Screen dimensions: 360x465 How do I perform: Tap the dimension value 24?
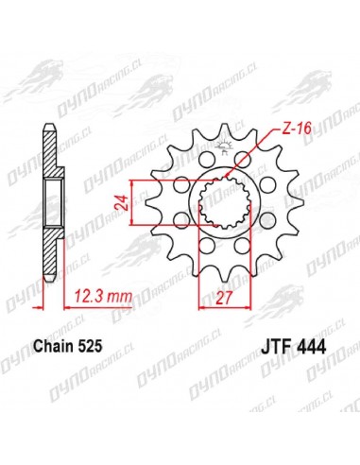[x=121, y=202]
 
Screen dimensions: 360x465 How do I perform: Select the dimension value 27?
[x=224, y=298]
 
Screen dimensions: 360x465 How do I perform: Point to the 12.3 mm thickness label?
[x=103, y=297]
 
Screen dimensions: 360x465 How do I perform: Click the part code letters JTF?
[x=275, y=347]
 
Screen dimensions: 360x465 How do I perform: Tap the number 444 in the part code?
[x=310, y=347]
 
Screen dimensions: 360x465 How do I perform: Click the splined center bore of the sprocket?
[x=224, y=203]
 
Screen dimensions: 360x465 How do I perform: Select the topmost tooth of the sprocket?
[x=224, y=130]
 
